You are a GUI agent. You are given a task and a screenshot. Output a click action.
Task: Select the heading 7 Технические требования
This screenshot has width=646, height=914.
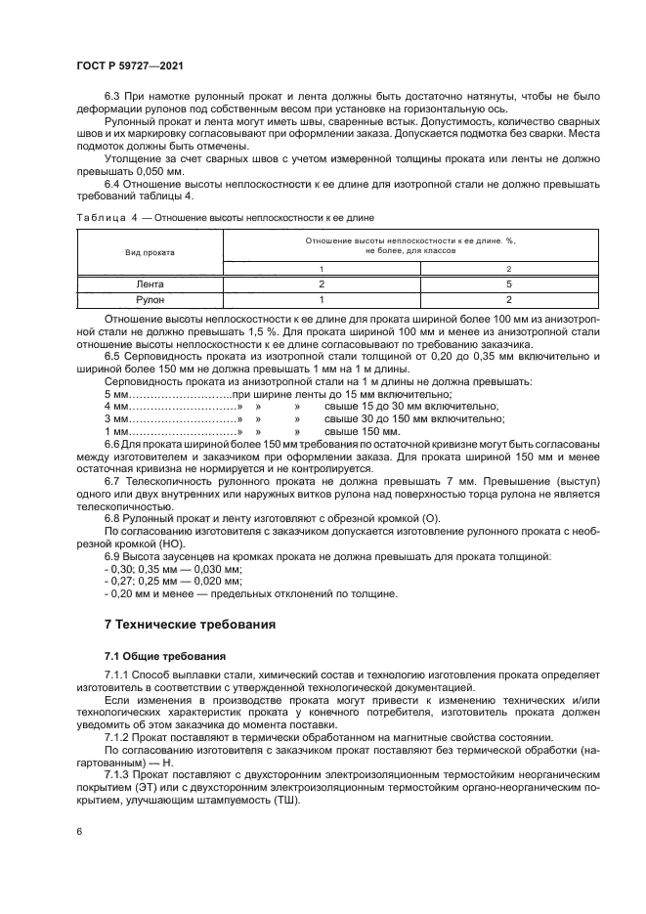point(190,623)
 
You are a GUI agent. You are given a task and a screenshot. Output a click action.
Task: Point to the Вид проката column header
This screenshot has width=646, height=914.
point(149,251)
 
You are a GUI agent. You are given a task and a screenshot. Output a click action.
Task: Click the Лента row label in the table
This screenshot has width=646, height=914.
point(149,284)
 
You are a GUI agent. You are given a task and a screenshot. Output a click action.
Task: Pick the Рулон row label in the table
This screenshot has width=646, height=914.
point(149,300)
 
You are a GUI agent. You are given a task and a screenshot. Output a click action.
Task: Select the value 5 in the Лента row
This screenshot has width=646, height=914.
point(507,284)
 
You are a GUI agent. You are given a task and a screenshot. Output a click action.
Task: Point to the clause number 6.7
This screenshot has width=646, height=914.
point(111,481)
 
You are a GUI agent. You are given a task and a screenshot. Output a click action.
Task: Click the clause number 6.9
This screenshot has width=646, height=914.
point(111,556)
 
